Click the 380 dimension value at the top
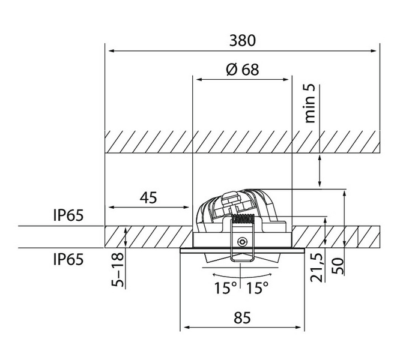point(243,41)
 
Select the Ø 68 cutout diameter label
point(243,69)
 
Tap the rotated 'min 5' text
point(310,104)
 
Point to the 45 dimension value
point(149,198)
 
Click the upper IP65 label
point(68,215)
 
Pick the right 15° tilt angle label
point(257,289)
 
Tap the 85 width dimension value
point(241,318)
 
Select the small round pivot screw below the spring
point(241,242)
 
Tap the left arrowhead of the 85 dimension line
point(186,328)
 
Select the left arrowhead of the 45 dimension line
point(109,208)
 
